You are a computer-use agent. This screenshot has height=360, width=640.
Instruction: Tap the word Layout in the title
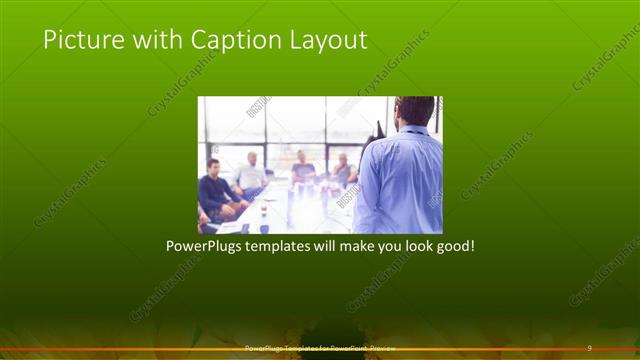329,40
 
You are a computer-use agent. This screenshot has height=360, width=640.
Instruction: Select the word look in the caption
412,246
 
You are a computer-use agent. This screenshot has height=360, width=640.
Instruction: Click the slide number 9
589,348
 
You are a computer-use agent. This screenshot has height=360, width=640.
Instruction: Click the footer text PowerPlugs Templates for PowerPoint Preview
320,348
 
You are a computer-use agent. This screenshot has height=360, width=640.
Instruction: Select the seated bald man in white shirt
250,175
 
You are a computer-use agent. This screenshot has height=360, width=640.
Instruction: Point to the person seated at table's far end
302,167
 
